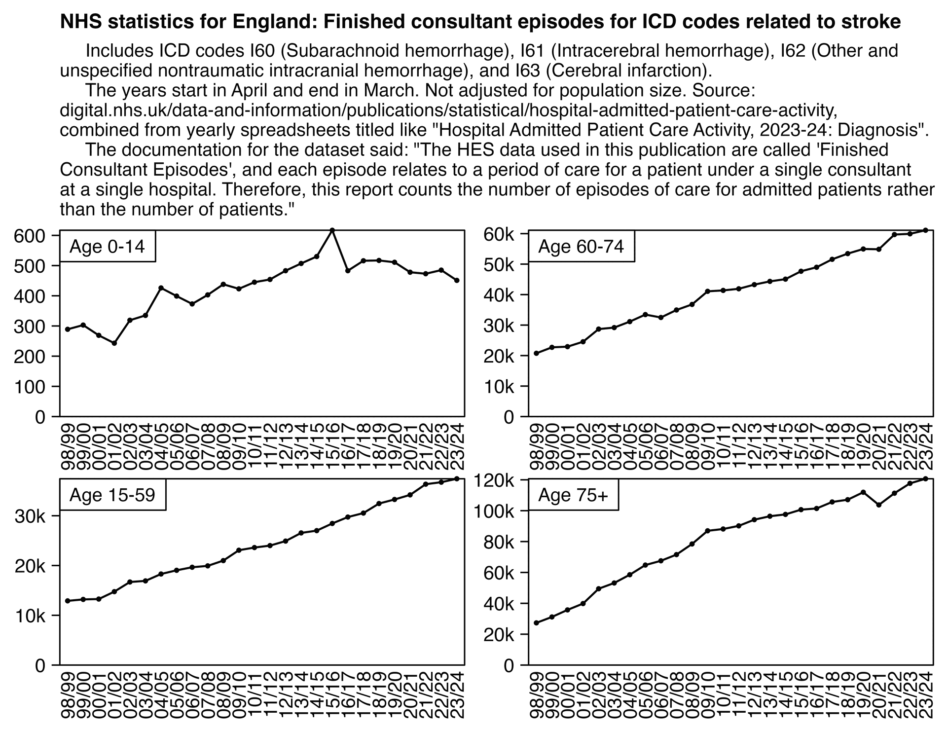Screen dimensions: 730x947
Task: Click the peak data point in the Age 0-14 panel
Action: [332, 230]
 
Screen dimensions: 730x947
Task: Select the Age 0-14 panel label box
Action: [108, 246]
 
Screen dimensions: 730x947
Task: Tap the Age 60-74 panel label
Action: [581, 246]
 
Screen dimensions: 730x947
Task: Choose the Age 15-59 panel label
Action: [112, 495]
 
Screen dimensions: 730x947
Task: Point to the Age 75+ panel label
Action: [573, 495]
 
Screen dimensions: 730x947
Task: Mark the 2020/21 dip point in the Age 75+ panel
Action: [878, 505]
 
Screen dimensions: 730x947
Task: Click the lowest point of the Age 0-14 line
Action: [114, 343]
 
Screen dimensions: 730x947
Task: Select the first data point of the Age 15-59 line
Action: [68, 601]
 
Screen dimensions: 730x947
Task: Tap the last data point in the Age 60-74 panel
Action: [925, 230]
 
